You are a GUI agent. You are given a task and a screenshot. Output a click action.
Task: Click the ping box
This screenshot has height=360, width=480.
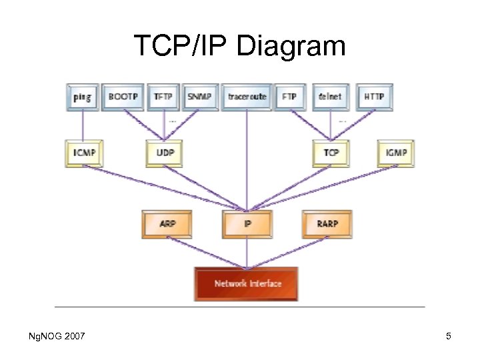(x=83, y=97)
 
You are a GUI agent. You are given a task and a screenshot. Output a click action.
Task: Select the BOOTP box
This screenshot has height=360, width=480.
(x=123, y=97)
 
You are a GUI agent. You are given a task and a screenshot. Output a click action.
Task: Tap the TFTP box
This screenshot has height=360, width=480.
(x=163, y=97)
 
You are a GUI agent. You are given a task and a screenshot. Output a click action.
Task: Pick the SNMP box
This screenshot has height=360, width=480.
(x=200, y=97)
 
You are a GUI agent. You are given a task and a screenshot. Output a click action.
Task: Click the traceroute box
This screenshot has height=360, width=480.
(x=247, y=97)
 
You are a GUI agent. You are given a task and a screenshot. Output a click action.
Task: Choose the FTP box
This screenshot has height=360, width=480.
(x=289, y=97)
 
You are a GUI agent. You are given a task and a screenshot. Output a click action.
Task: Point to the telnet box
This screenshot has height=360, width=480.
(x=330, y=97)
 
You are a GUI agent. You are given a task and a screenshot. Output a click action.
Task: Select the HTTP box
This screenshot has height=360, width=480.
(x=374, y=97)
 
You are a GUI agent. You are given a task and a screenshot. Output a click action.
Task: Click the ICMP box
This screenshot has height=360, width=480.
(x=84, y=153)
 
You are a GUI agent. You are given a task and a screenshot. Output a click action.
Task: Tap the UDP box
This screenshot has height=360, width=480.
(x=165, y=153)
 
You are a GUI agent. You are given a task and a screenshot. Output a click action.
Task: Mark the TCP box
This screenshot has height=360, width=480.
(x=331, y=153)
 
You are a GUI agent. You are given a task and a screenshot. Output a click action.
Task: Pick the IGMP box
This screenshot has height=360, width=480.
(x=396, y=153)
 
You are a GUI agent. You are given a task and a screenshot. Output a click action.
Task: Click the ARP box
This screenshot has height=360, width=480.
(x=167, y=224)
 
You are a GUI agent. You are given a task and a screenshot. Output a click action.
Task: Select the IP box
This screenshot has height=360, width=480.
(x=247, y=224)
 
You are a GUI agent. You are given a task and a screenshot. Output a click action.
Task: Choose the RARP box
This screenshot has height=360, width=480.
(x=327, y=224)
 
